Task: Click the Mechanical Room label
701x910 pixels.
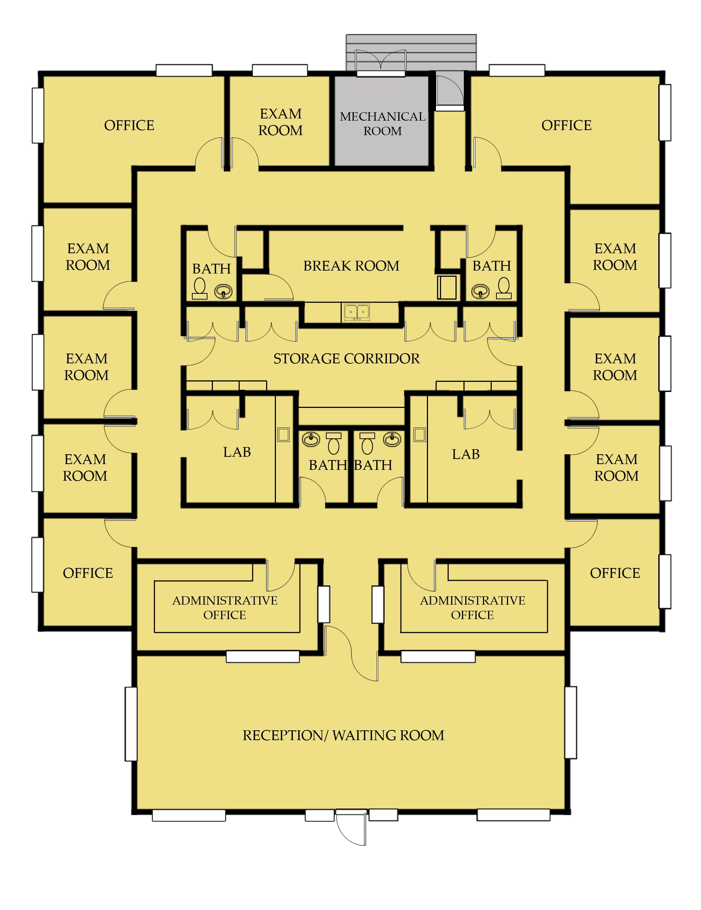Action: click(382, 124)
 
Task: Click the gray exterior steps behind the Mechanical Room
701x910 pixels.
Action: click(411, 53)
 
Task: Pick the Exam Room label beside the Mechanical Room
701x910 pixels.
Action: click(280, 122)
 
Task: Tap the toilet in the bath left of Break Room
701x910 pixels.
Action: click(200, 288)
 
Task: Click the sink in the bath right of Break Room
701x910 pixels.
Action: click(480, 291)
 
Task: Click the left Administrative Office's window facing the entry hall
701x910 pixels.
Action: click(324, 604)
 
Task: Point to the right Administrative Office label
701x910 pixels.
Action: click(472, 608)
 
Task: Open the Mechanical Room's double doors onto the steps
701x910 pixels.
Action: click(381, 61)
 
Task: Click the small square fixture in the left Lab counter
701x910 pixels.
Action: click(284, 435)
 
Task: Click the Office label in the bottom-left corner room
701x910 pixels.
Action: click(88, 573)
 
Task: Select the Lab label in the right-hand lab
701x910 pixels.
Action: click(466, 454)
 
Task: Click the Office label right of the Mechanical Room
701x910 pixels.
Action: click(566, 125)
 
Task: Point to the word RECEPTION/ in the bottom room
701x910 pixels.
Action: click(283, 735)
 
